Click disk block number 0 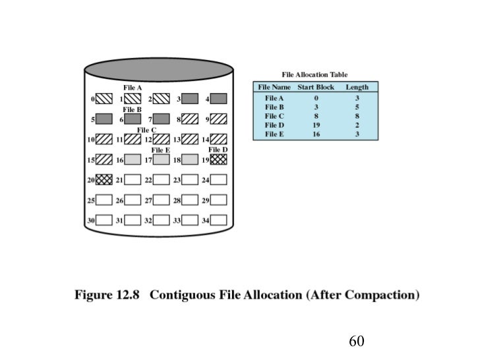coord(104,99)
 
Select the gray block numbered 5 coord(104,119)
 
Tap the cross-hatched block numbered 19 coord(218,160)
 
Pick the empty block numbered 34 coord(218,220)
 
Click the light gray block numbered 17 coord(161,160)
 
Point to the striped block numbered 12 coord(161,139)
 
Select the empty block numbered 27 coord(161,200)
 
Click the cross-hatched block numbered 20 coord(104,179)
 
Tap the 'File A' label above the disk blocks coord(133,88)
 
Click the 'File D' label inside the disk coord(218,150)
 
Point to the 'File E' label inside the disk coord(161,150)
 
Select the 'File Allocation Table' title coord(315,75)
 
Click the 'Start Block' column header coord(316,87)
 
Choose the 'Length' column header coord(357,87)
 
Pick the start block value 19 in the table coord(316,125)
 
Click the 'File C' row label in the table coord(274,115)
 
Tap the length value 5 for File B coord(357,106)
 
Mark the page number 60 coord(357,341)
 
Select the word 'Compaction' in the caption coord(380,295)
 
